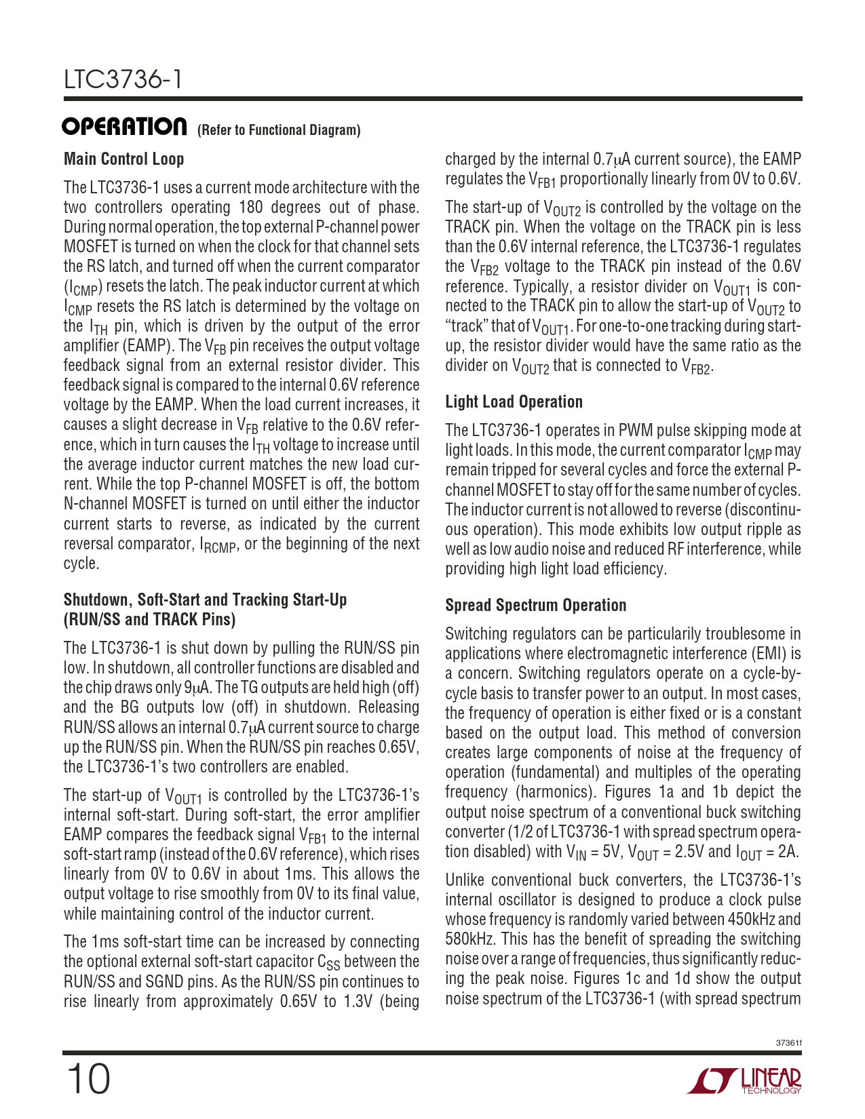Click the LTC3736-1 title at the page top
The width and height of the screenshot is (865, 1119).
[x=123, y=80]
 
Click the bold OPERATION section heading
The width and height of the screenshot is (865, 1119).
[x=125, y=127]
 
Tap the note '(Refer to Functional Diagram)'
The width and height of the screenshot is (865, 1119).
[x=278, y=130]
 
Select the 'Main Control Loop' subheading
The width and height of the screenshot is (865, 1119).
[x=123, y=159]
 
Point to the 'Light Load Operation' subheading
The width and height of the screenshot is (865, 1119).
[x=514, y=402]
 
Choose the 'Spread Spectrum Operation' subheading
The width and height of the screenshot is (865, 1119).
[x=535, y=606]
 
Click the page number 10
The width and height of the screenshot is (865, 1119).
[x=88, y=1078]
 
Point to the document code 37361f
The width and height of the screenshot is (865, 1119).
[x=788, y=1043]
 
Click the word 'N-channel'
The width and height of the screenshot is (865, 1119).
[x=94, y=504]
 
